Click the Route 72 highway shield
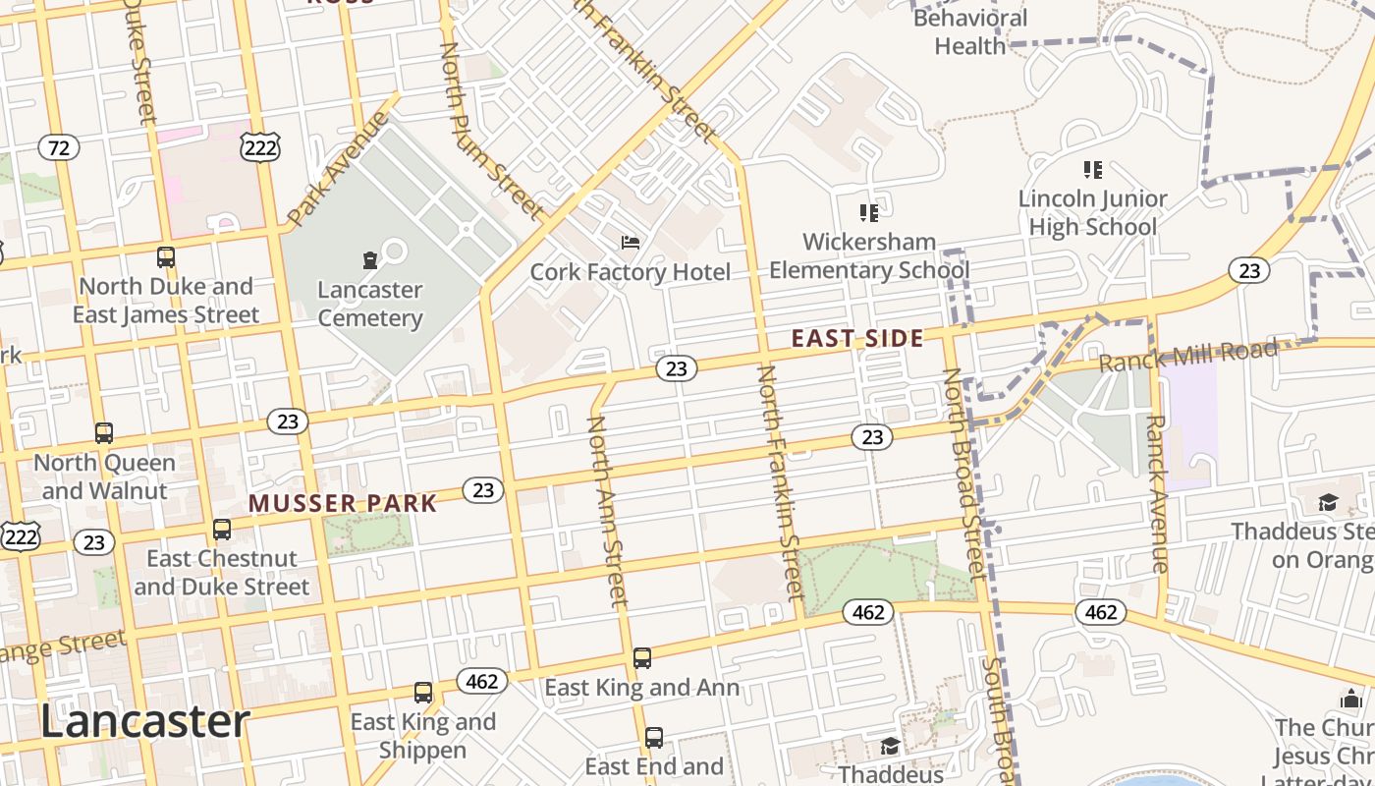click(x=59, y=148)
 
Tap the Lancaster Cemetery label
click(x=369, y=304)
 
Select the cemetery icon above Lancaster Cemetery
click(x=369, y=259)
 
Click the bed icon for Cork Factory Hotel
click(x=631, y=242)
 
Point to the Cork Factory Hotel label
click(x=631, y=271)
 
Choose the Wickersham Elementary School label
click(x=868, y=255)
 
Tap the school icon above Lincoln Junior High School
click(x=1092, y=170)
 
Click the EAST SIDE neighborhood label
click(x=857, y=339)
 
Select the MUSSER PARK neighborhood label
click(x=342, y=504)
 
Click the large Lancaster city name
click(x=144, y=721)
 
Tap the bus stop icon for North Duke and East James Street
click(x=166, y=257)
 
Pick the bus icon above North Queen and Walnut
click(x=103, y=432)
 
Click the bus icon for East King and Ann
click(x=641, y=658)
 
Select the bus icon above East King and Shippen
click(x=422, y=693)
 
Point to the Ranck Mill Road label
click(x=1187, y=356)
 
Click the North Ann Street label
click(x=606, y=511)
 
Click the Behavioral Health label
click(x=969, y=31)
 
